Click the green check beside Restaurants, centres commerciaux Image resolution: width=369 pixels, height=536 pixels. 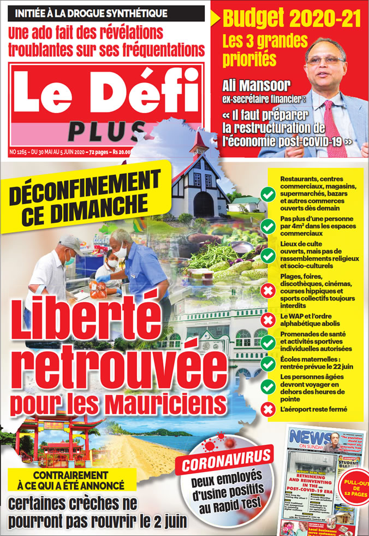(x=267, y=194)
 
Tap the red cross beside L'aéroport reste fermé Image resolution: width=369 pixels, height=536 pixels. (x=267, y=409)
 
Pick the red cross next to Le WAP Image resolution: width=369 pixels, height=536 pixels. (x=267, y=320)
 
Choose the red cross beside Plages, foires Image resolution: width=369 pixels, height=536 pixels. (x=267, y=291)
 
